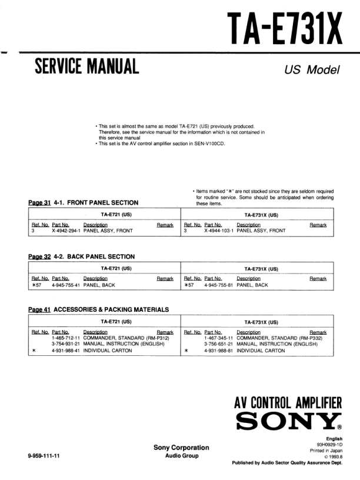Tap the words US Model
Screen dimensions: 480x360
click(312, 69)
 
